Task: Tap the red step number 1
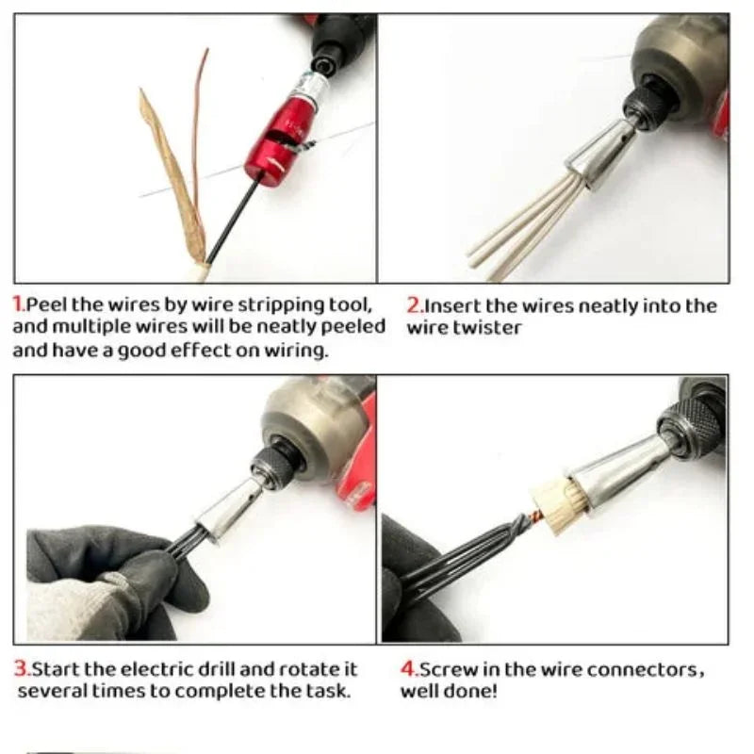(x=18, y=305)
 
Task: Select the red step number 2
(x=414, y=305)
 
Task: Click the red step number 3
(x=21, y=669)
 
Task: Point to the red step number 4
(x=408, y=670)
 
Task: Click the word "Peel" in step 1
(x=44, y=305)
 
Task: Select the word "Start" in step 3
(x=56, y=669)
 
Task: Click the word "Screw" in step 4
(x=447, y=670)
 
